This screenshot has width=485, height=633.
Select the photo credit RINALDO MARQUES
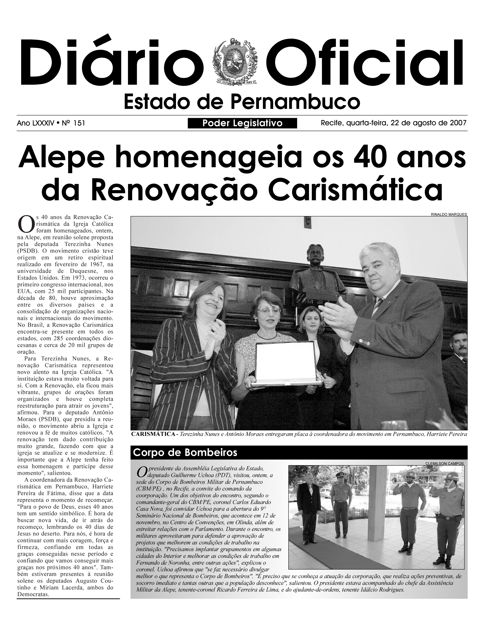click(449, 214)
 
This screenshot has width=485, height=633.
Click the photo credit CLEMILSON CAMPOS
click(444, 464)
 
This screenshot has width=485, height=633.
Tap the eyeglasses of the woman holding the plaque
click(268, 311)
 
